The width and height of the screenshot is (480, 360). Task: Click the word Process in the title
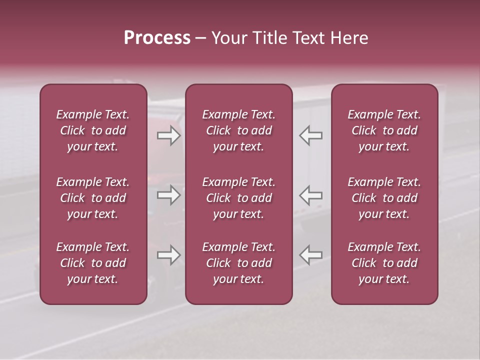[157, 38]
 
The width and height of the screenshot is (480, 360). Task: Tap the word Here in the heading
[349, 38]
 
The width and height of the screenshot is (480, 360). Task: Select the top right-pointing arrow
[168, 135]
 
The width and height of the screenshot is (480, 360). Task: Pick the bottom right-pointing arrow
[168, 255]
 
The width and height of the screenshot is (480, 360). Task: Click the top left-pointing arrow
[310, 135]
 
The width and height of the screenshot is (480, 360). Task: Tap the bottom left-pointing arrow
[310, 255]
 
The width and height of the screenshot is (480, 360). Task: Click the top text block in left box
[93, 130]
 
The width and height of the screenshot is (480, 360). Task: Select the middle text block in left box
[93, 198]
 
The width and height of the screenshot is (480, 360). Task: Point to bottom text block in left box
[93, 263]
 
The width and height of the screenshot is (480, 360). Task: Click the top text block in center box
[238, 130]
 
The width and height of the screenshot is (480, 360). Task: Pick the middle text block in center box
[238, 198]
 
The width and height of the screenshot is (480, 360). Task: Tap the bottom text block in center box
[238, 263]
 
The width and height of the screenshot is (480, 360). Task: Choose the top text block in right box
[384, 130]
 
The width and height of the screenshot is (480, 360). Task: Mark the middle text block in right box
[384, 198]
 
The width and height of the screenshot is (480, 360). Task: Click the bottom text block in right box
[384, 263]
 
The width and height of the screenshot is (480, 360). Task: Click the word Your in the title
[228, 38]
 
